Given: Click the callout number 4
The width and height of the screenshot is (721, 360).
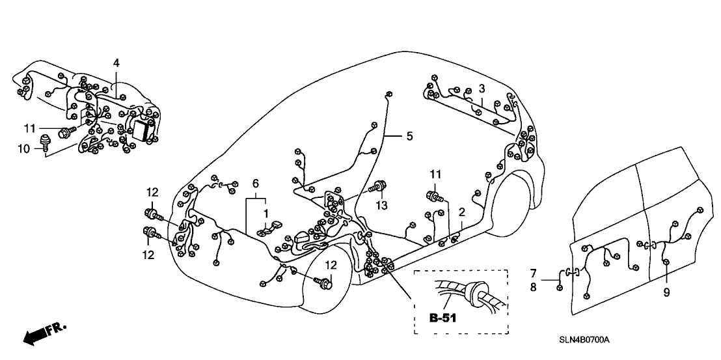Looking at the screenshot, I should coord(116,63).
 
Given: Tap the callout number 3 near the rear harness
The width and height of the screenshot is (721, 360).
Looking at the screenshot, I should coord(482,89).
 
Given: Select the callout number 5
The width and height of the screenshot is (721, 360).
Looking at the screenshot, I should coord(409,136).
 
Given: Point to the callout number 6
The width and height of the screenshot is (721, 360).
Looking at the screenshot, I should coord(256,184).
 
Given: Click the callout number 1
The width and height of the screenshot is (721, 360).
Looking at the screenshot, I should coord(265,213).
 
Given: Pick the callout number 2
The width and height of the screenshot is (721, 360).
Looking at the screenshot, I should coord(461,212).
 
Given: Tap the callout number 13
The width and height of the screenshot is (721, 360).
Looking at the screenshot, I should coord(381,205).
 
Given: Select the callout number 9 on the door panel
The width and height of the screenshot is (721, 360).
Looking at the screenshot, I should coord(666,292).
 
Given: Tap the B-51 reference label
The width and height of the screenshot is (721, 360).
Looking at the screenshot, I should coord(442,318).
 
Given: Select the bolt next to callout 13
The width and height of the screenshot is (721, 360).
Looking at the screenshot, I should coord(379,189).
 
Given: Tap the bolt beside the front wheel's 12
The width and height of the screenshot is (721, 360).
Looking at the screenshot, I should coord(323,282).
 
